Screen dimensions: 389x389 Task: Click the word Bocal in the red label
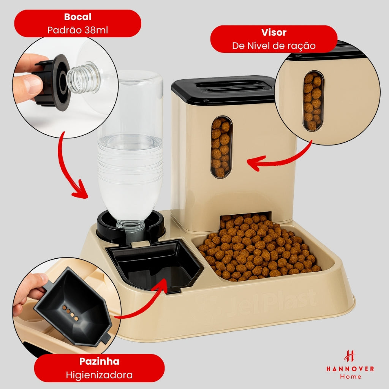tap(77, 17)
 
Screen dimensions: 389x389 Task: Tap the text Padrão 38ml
tap(77, 30)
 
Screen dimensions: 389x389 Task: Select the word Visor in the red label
tap(274, 32)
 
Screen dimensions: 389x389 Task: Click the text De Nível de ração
tap(274, 46)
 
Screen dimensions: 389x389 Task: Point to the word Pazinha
tap(99, 361)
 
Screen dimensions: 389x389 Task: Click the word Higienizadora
tap(99, 375)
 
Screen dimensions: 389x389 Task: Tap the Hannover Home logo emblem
tap(349, 356)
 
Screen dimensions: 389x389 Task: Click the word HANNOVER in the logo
tap(350, 368)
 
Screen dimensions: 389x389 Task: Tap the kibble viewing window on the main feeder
tap(221, 147)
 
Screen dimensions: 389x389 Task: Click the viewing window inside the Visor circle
tap(313, 101)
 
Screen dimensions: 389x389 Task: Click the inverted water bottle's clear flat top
tap(131, 78)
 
